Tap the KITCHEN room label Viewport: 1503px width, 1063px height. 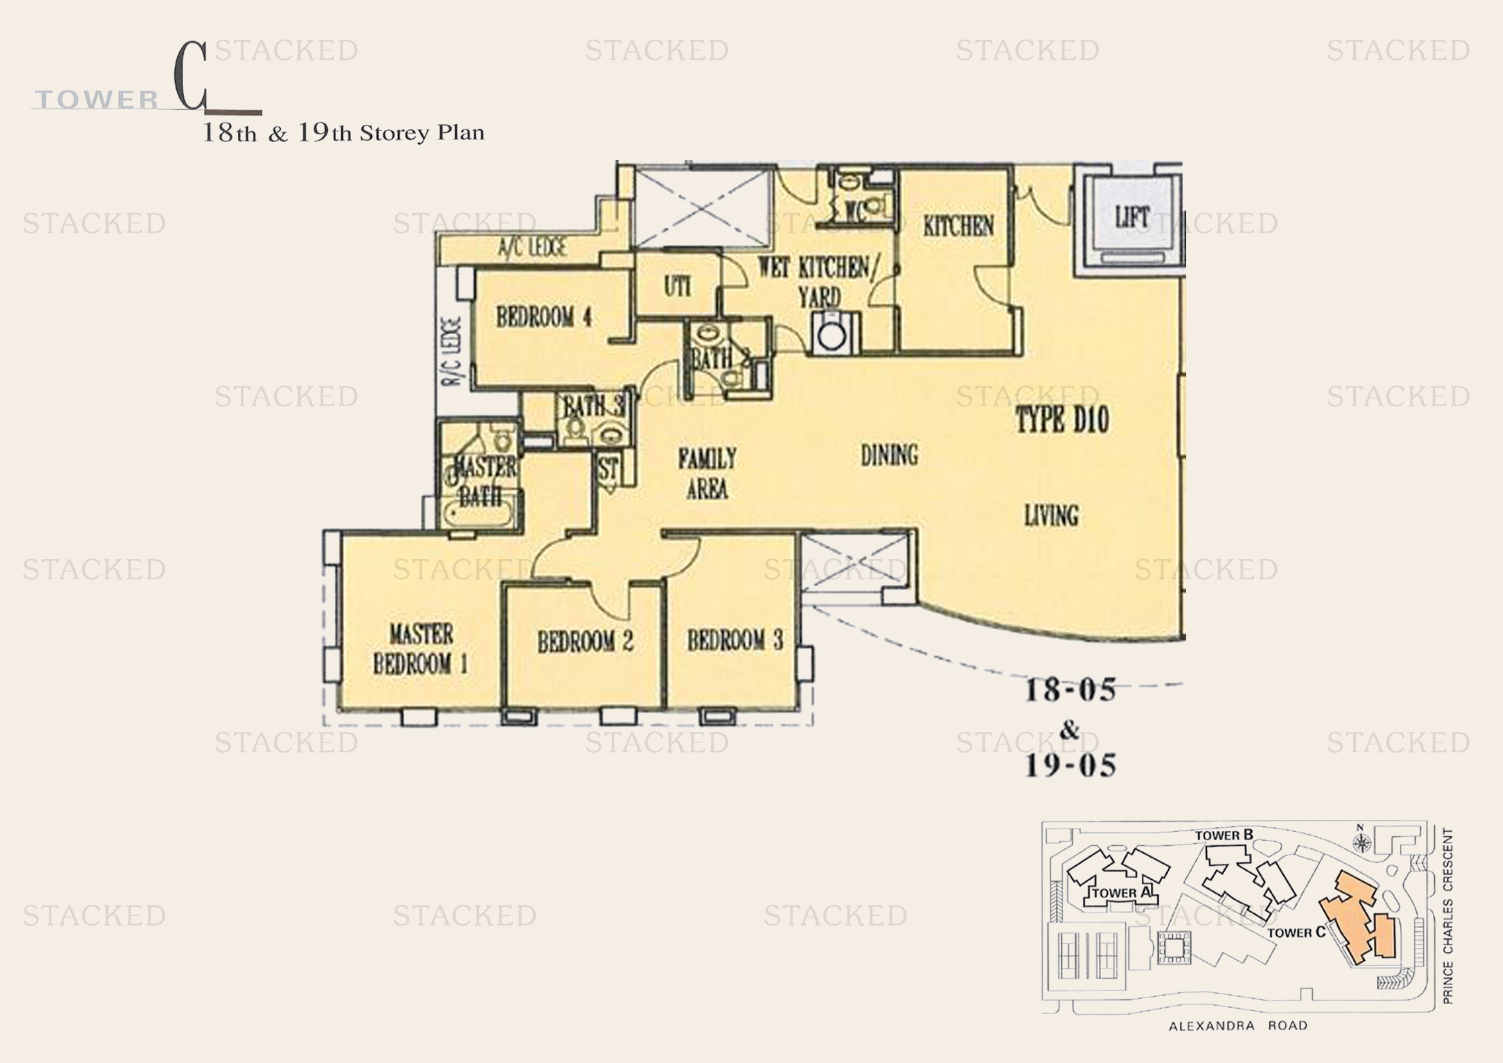pos(958,226)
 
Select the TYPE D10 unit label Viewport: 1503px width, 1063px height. pos(1062,420)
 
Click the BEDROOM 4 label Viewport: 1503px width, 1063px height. pos(544,317)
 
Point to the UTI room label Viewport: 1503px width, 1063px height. pos(677,286)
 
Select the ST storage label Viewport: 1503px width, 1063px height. pos(608,469)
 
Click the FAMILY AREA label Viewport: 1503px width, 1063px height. pos(707,473)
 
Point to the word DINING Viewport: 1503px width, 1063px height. pos(889,455)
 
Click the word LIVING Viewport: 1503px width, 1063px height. pos(1051,516)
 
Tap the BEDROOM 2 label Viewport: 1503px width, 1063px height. pos(585,641)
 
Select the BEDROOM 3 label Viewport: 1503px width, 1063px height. pos(734,639)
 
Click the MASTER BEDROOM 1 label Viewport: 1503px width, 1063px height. pos(420,648)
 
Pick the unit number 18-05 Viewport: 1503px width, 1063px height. pos(1070,690)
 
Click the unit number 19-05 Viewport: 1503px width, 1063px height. pos(1070,765)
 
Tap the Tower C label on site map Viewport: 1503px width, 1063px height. pos(1295,932)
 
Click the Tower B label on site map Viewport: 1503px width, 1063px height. pos(1223,835)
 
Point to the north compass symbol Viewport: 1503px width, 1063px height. pos(1362,841)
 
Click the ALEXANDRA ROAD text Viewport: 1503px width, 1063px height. pos(1238,1026)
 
